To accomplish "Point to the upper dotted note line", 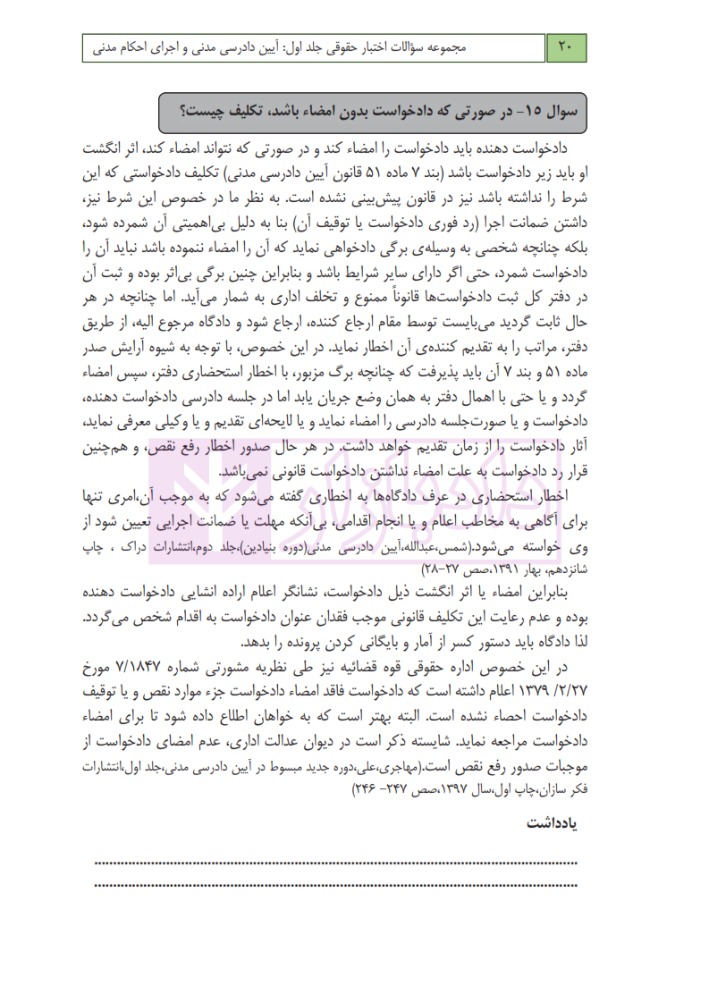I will coord(335,863).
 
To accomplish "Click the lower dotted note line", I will coord(335,885).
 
